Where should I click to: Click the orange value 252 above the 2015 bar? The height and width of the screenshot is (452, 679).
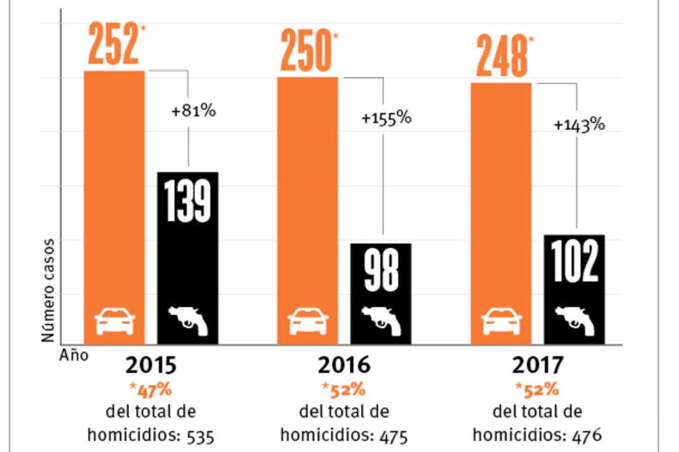click(112, 45)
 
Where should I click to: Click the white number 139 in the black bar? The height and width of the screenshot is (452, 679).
click(187, 202)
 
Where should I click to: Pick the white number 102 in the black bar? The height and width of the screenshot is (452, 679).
click(574, 262)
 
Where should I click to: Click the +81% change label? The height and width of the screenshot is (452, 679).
click(194, 111)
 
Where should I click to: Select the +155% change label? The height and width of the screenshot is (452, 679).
click(386, 119)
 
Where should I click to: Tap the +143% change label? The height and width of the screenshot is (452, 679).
click(579, 125)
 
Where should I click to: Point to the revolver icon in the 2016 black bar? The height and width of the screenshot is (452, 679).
click(381, 320)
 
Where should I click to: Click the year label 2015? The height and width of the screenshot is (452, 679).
click(151, 366)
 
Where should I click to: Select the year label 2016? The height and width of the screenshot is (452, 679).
click(344, 366)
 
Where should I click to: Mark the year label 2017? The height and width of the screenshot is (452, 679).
click(538, 366)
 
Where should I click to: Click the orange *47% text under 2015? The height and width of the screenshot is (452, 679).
click(151, 390)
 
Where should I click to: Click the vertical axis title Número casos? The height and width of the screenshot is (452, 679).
click(49, 290)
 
